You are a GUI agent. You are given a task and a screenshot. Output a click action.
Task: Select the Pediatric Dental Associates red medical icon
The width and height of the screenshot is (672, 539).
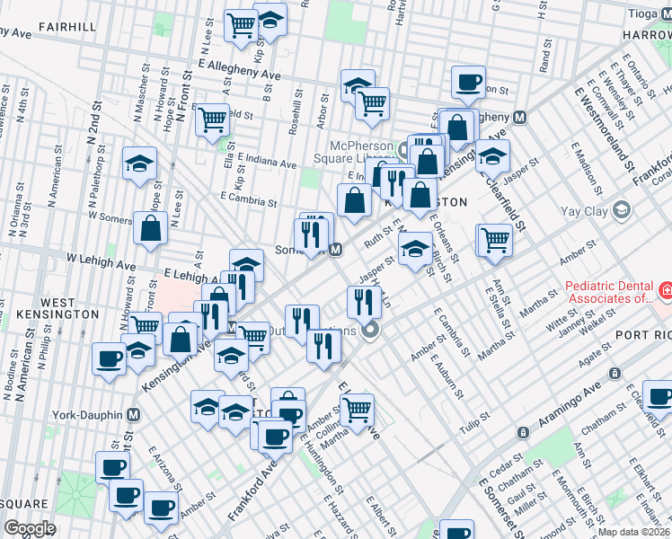click(666, 291)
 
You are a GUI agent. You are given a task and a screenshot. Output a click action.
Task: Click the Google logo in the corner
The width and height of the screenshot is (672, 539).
click(30, 527)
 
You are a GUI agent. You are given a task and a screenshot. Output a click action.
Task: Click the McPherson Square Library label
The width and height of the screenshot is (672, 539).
click(358, 153)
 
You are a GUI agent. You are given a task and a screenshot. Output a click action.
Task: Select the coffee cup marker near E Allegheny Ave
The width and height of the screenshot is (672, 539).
click(467, 82)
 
